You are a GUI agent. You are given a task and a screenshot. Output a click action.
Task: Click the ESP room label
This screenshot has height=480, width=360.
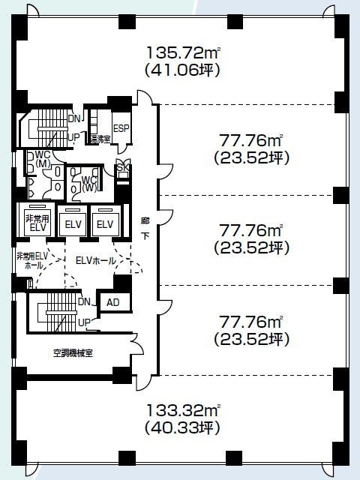tap(121, 128)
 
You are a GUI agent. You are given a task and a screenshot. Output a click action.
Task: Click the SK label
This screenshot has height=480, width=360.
tap(120, 169)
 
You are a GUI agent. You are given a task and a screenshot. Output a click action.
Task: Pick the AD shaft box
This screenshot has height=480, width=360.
tap(112, 301)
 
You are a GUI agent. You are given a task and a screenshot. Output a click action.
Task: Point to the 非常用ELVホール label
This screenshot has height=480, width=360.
tap(31, 260)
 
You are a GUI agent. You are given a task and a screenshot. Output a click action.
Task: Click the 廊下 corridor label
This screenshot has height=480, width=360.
tap(145, 228)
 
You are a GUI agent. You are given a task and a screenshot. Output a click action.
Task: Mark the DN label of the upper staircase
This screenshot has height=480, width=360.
tap(74, 118)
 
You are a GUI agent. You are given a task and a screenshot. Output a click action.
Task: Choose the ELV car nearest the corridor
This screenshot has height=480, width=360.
tap(105, 224)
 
